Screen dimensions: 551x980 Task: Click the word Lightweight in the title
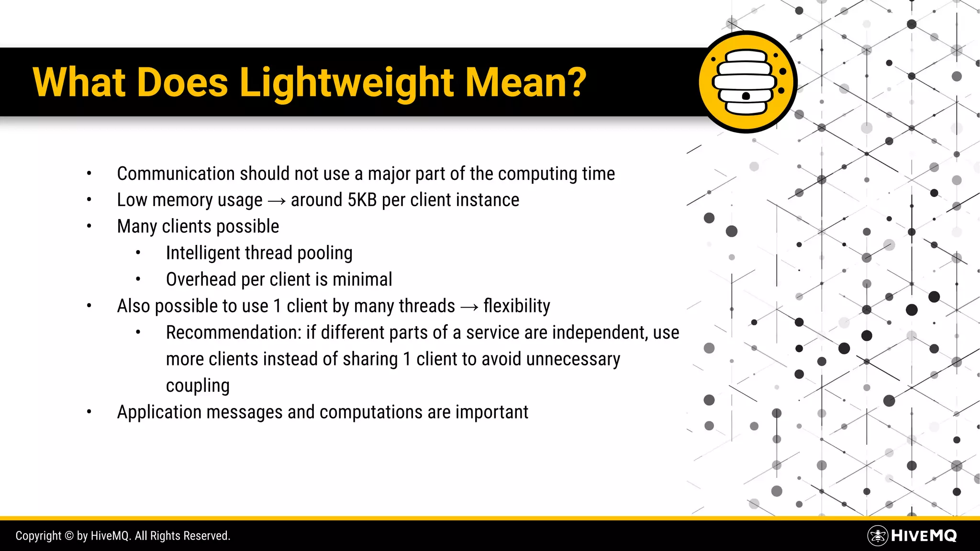(346, 82)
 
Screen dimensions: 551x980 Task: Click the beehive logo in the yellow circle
(746, 82)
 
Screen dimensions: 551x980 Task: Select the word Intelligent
(202, 253)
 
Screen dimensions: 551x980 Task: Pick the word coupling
(198, 386)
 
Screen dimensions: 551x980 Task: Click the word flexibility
(517, 306)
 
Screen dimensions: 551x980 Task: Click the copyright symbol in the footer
(69, 536)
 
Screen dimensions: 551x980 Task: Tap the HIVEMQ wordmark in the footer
(924, 536)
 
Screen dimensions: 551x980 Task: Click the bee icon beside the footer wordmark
(878, 536)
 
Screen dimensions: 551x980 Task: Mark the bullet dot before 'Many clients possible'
(89, 226)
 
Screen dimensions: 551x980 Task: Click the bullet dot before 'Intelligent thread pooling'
(138, 253)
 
